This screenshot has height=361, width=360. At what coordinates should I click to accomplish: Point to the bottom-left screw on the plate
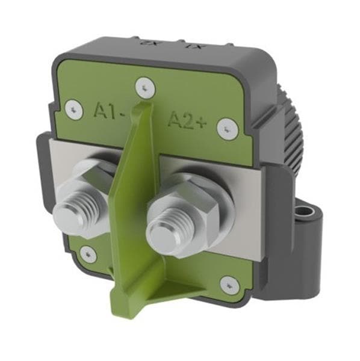(88, 253)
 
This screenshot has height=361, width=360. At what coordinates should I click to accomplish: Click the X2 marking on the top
(146, 43)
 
